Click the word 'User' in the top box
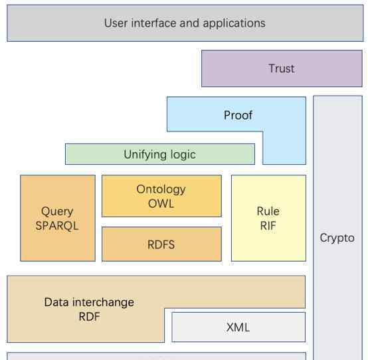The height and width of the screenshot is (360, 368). tap(116, 23)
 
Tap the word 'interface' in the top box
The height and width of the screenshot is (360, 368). tap(153, 23)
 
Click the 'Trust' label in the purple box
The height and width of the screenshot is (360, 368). tap(282, 68)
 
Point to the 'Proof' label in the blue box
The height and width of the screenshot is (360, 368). tap(238, 115)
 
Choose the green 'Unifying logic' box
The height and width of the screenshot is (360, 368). tap(160, 154)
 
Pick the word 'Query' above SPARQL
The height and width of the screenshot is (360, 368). tap(57, 212)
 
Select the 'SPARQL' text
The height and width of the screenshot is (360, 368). tap(57, 226)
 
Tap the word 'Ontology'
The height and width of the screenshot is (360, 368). tap(161, 189)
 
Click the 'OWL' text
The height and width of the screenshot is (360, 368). tap(161, 203)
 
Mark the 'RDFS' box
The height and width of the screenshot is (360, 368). tap(161, 244)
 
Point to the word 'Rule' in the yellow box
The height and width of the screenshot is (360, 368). tap(268, 211)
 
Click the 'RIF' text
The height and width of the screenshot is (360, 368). tap(268, 226)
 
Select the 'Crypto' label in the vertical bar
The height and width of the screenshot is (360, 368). tap(337, 238)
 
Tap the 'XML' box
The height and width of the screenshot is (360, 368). tap(238, 327)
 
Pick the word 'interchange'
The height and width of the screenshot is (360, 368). tap(103, 303)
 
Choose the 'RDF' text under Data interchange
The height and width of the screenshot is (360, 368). tap(90, 317)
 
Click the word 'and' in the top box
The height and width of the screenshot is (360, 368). tap(189, 23)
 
